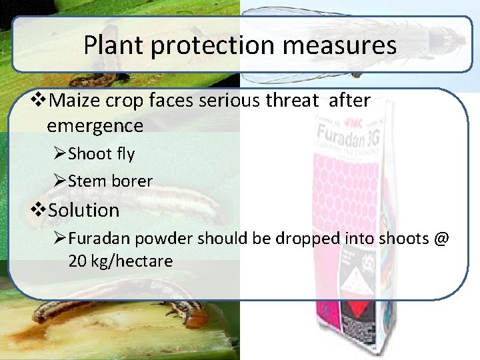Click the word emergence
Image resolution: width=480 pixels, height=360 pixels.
[95, 125]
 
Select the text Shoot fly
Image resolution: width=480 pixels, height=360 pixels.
[101, 154]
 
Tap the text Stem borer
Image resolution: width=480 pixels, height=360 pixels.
[110, 181]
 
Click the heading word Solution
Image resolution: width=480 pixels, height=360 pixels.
[84, 210]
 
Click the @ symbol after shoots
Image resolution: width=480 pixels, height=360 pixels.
[441, 238]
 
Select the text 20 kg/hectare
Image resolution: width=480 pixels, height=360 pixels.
[120, 261]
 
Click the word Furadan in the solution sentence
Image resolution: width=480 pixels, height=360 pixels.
[94, 238]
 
